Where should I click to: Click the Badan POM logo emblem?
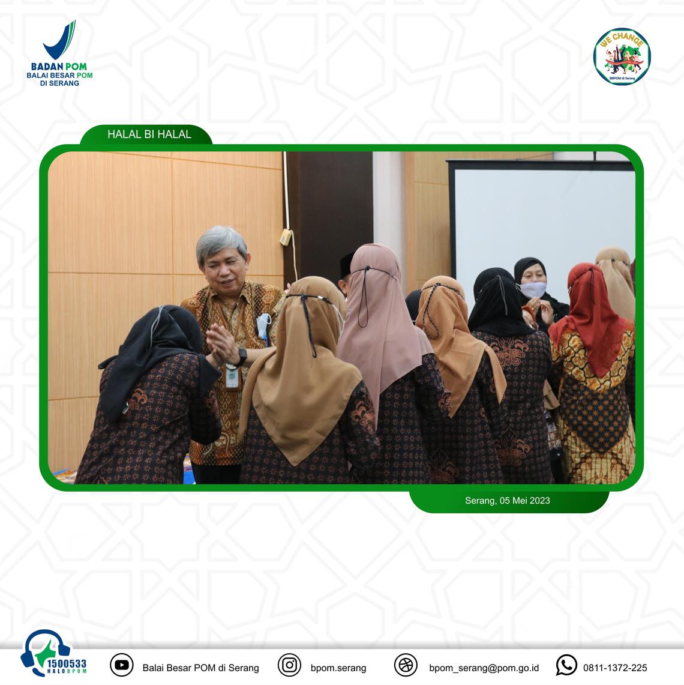[59, 40]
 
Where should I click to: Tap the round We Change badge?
[622, 57]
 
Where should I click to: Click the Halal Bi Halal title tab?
[146, 134]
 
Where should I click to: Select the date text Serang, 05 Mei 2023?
[507, 501]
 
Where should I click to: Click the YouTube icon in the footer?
[121, 665]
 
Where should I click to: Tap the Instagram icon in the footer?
[289, 665]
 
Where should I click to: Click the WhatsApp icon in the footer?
[566, 665]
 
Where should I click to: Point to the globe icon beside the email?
[406, 665]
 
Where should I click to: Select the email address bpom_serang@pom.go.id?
[484, 668]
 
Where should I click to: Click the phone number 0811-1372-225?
[615, 668]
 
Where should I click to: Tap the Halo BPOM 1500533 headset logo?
[53, 653]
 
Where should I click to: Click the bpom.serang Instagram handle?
[338, 668]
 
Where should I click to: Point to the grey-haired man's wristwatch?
[241, 356]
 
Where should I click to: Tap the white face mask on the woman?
[533, 289]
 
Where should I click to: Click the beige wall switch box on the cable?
[286, 237]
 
